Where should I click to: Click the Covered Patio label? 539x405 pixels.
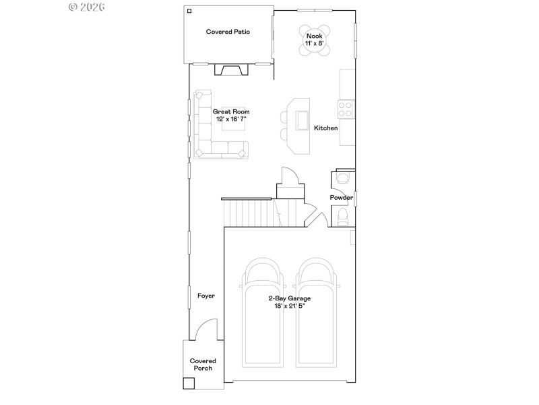click(228, 32)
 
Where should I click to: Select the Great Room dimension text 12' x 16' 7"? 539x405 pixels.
click(231, 119)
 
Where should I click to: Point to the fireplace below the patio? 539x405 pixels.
click(230, 70)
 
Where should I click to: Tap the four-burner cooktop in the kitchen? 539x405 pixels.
click(345, 109)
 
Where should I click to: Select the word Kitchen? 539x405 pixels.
click(325, 128)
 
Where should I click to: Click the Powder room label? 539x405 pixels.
click(342, 198)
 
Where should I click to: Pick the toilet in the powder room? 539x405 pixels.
click(343, 217)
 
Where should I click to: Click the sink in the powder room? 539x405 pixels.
click(342, 179)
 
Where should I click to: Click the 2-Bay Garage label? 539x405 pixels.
click(289, 298)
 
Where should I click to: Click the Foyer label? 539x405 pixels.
click(205, 296)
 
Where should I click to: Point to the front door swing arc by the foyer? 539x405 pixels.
click(205, 329)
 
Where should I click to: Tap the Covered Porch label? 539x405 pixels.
click(202, 364)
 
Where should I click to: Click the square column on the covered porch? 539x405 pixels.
click(189, 383)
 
